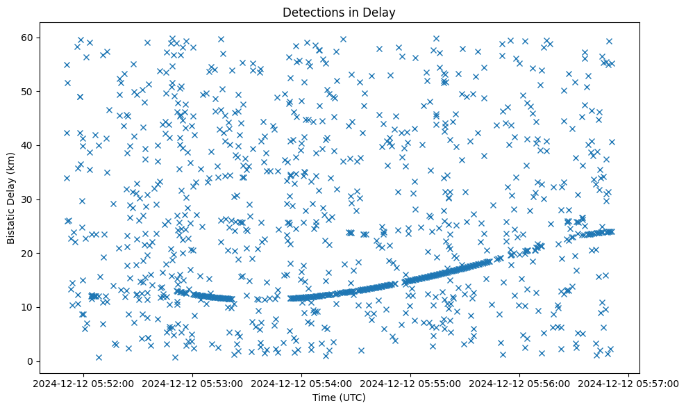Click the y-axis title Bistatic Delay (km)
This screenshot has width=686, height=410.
10,198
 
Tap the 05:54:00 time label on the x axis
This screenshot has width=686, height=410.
301,383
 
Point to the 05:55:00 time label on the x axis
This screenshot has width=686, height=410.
410,383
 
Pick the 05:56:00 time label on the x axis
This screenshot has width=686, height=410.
519,383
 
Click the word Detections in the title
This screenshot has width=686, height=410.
312,12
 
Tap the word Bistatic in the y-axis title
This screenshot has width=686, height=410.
10,220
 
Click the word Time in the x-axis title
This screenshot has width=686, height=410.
326,397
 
